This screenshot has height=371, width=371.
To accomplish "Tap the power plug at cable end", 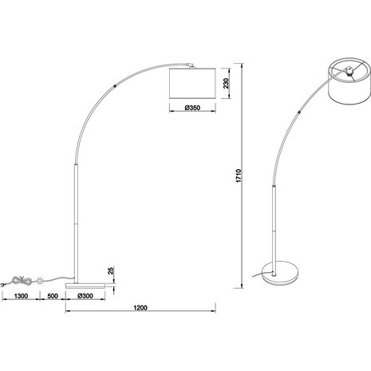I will [7, 282].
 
